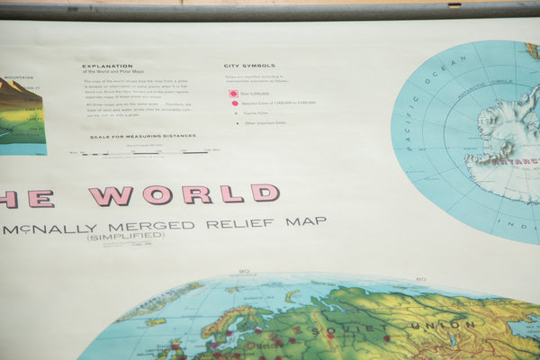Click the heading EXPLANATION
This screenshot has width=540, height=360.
click(x=107, y=66)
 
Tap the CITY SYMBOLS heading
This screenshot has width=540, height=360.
click(x=250, y=66)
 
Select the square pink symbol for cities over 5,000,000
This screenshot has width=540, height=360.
click(x=233, y=93)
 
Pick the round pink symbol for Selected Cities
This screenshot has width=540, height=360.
click(x=235, y=103)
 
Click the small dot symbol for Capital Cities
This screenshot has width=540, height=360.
click(x=234, y=113)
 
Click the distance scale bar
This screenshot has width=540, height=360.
click(x=144, y=153)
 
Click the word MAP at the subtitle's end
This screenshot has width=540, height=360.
click(x=306, y=220)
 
